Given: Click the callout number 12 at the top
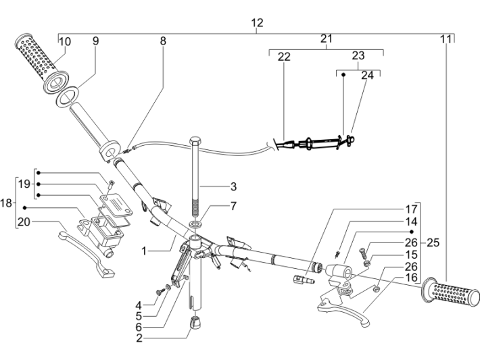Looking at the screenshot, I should coord(257,24).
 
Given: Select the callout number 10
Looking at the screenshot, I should coord(65,42).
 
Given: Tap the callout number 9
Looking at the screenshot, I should coord(95,41).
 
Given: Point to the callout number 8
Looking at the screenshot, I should coord(162,41).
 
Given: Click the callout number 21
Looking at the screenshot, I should coord(326,40).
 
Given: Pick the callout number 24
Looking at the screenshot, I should coord(367,76).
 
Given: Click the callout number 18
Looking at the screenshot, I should coord(7,203).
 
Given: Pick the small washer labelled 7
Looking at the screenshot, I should coord(195,224).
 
